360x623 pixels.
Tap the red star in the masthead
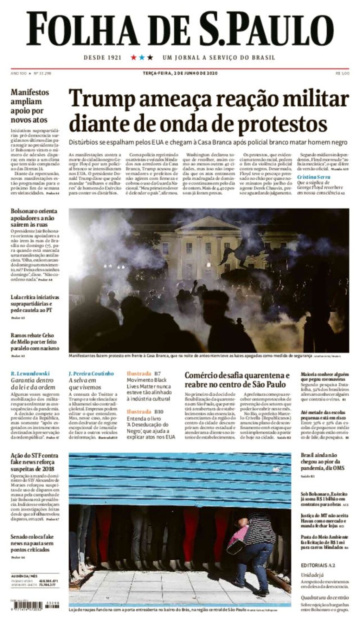point(134,57)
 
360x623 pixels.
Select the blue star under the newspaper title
point(142,57)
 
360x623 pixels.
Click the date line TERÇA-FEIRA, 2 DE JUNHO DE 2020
point(180,73)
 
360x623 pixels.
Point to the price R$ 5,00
point(342,73)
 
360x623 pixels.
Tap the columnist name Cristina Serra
point(314,177)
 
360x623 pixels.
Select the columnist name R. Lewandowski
point(30,373)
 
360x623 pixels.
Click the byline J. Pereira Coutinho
point(91,373)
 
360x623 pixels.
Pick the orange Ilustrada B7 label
point(144,373)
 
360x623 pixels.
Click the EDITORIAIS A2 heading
point(318,565)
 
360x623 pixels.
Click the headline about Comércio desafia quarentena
point(237,379)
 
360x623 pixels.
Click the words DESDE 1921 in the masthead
point(102,57)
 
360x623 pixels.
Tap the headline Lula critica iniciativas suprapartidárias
point(35,304)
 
